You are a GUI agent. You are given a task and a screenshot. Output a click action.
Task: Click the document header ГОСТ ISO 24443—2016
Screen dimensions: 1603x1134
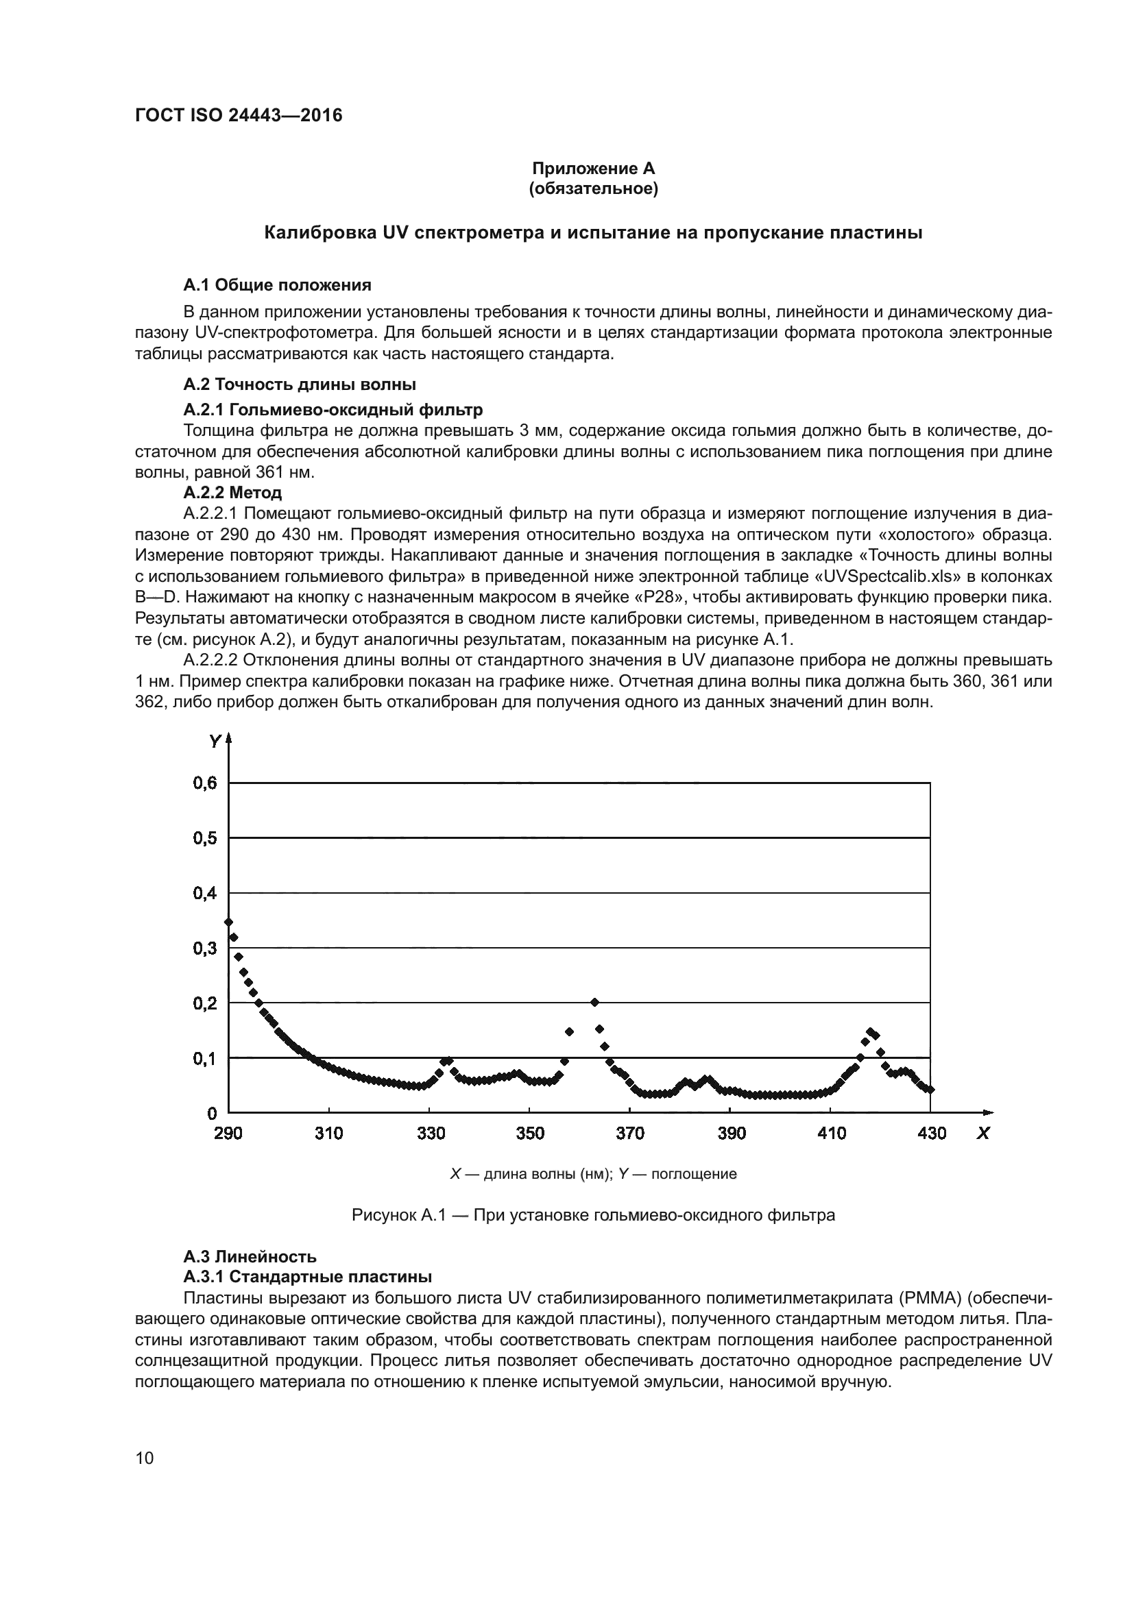pos(238,115)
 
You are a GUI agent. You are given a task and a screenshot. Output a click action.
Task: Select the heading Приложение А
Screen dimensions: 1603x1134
pos(593,169)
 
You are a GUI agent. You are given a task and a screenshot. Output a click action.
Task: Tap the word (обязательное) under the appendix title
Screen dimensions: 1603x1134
pos(593,189)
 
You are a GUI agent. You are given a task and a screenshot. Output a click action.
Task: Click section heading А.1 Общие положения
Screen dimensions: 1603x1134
pos(276,285)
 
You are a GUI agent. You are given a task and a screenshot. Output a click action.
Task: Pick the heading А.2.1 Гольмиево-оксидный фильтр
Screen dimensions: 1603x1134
pos(333,409)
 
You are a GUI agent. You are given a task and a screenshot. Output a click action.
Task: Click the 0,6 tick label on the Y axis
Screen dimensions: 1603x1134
pos(205,783)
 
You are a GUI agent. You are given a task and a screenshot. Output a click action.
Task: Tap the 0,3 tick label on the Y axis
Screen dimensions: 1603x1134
pos(205,949)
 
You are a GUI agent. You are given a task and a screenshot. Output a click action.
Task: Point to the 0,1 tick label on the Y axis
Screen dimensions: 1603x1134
pos(205,1059)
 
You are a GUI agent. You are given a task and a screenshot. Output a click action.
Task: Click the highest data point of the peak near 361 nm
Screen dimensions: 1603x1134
pos(595,1003)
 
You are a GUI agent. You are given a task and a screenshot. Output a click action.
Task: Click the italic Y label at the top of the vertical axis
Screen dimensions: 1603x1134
pos(215,742)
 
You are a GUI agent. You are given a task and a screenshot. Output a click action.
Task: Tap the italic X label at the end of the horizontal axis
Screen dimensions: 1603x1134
pos(983,1134)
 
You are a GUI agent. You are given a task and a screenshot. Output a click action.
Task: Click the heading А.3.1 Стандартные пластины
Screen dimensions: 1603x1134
pos(307,1277)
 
